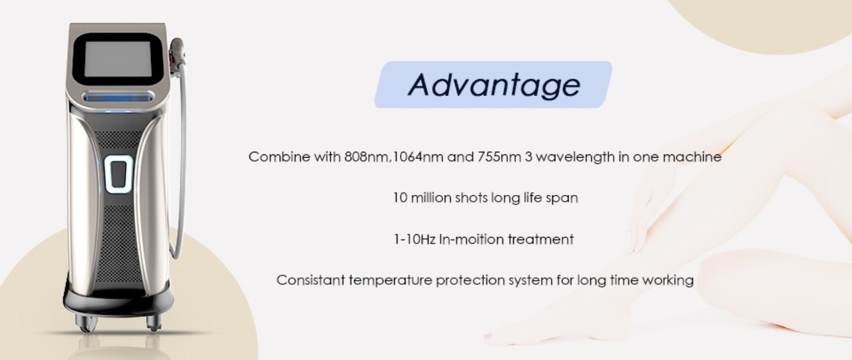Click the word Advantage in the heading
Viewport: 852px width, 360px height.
pos(494,85)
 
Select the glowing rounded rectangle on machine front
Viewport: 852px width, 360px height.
pos(118,174)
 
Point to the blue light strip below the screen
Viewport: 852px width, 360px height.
pos(118,98)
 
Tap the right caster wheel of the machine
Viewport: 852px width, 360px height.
pos(154,323)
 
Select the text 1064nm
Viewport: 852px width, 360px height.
pos(417,156)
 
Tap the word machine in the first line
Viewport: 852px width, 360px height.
pos(692,156)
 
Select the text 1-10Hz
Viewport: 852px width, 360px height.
pos(415,240)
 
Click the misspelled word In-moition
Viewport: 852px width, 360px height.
pos(472,240)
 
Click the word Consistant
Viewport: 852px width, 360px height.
pos(311,280)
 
